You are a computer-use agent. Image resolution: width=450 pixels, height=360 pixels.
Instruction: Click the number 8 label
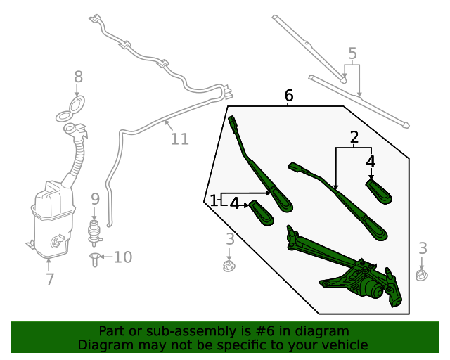coord(78,77)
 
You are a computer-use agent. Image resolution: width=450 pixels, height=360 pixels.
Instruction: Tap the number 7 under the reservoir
coord(49,279)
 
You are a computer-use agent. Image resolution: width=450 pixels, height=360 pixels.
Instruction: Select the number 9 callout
coord(95,199)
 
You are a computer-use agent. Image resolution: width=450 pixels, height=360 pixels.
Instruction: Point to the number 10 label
coord(122,257)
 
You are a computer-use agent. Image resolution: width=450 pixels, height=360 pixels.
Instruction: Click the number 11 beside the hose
coord(180,139)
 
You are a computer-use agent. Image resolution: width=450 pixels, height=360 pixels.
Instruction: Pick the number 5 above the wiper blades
coord(352,53)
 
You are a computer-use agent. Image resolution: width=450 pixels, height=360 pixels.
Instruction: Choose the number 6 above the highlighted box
coord(288,95)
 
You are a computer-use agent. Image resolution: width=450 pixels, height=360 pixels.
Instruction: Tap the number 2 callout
coord(354,136)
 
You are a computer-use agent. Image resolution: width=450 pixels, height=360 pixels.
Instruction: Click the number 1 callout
coord(214,200)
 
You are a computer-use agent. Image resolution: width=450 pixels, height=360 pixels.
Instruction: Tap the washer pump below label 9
coord(93,231)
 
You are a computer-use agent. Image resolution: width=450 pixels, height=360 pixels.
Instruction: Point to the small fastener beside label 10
coord(94,258)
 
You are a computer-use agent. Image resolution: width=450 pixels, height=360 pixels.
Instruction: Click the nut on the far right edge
coord(421,275)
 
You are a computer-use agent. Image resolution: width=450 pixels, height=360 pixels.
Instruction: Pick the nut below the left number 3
coord(227,267)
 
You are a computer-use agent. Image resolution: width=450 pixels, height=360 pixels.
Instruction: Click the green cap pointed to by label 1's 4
coord(262,212)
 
